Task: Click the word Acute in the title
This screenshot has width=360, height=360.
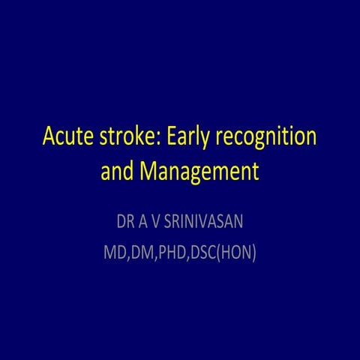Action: pos(66,139)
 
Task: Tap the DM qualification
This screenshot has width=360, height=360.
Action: pos(142,253)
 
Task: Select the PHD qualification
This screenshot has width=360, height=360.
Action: pos(173,253)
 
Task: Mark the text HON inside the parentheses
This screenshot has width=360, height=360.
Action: pos(238,253)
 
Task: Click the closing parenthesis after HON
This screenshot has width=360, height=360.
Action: pos(255,253)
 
